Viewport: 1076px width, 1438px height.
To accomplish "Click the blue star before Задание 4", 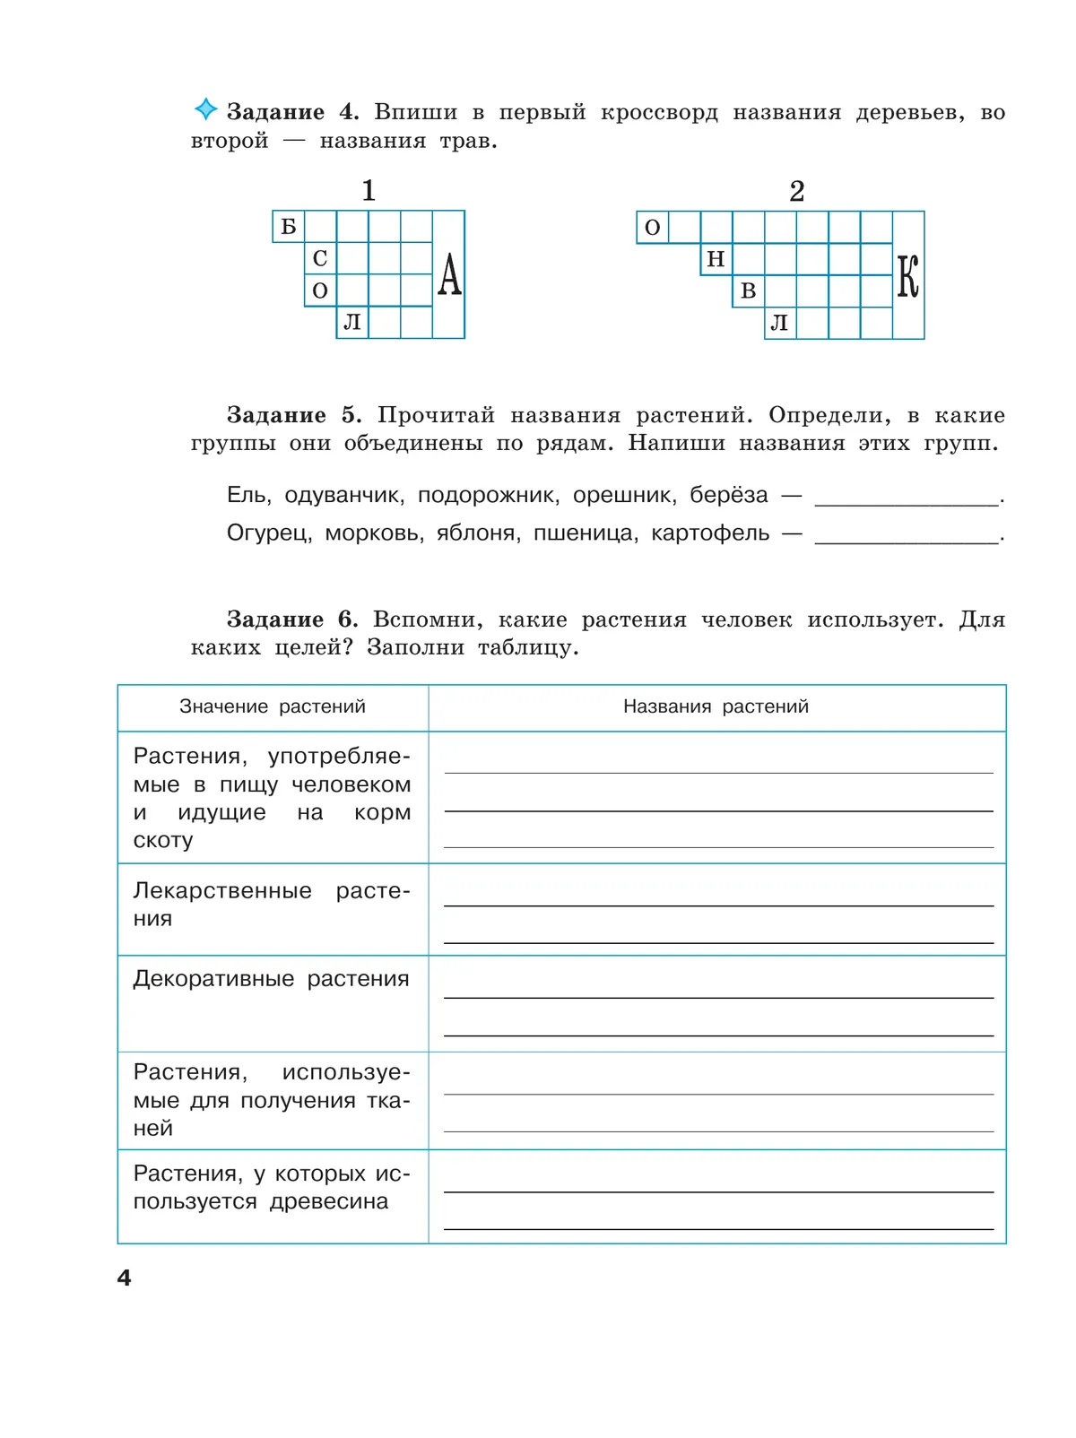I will click(x=205, y=109).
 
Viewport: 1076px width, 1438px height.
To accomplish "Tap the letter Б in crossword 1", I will click(x=289, y=227).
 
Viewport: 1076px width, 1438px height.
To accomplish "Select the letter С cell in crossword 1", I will click(x=320, y=259).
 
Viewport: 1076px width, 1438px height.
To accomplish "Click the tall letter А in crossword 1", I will click(x=449, y=274).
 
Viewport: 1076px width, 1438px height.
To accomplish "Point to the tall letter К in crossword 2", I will click(x=908, y=276).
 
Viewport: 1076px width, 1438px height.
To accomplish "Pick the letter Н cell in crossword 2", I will click(x=716, y=260).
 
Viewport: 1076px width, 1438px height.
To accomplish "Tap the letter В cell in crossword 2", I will click(x=749, y=291).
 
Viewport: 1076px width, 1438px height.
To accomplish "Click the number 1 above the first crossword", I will click(x=369, y=190).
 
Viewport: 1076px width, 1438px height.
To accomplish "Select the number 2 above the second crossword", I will click(x=797, y=191).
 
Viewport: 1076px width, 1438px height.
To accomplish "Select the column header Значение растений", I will click(x=273, y=706).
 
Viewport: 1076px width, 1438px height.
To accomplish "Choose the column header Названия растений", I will click(x=716, y=706).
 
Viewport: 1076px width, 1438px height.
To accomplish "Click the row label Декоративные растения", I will click(x=271, y=979).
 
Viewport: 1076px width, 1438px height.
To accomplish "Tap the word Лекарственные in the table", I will click(x=222, y=891).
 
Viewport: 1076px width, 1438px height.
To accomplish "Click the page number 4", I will click(x=125, y=1278).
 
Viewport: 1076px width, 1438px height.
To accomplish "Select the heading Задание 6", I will click(x=292, y=619).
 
